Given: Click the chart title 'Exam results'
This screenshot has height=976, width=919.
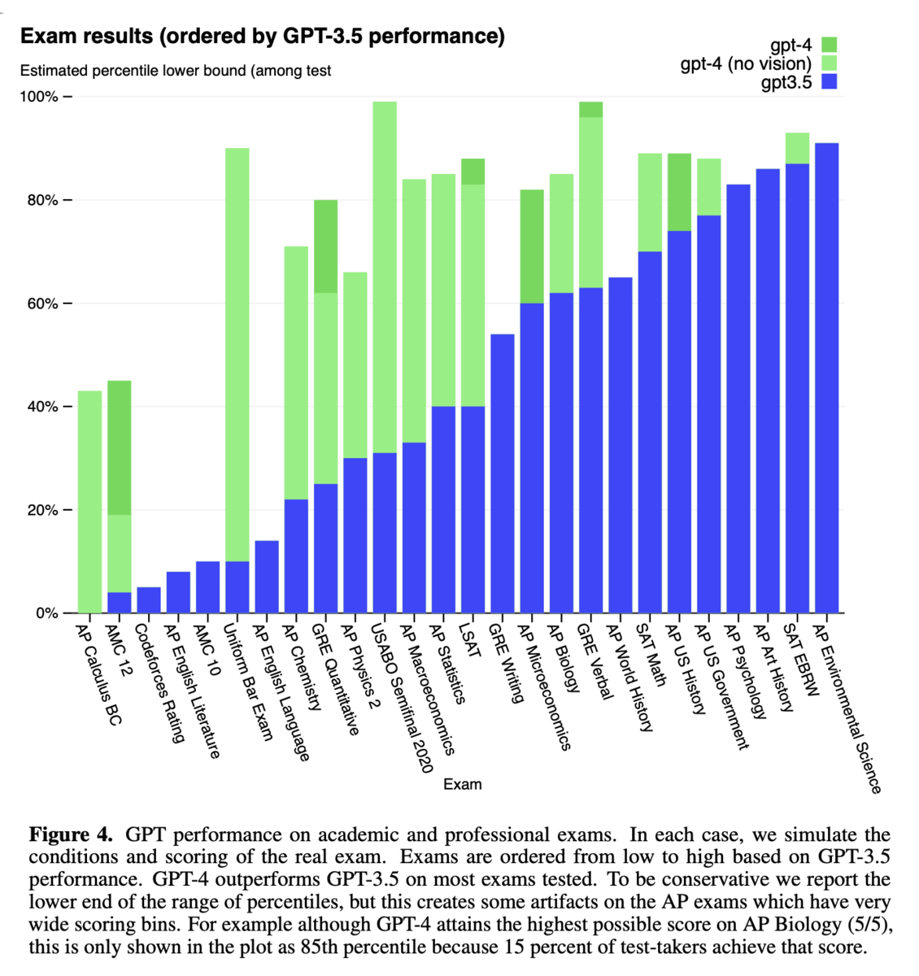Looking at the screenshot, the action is [86, 37].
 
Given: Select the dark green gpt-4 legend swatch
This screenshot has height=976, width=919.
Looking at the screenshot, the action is [829, 45].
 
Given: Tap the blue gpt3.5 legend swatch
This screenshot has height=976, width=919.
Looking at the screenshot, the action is [829, 81].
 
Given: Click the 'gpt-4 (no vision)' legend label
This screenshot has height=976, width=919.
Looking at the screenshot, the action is [746, 63].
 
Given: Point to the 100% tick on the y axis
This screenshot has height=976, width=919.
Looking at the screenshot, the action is [68, 97].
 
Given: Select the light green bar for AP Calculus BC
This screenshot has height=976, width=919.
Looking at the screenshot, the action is [90, 502].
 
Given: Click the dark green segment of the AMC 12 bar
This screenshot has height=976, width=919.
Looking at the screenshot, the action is [120, 447].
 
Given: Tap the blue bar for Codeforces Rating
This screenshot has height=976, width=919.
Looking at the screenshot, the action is [149, 600].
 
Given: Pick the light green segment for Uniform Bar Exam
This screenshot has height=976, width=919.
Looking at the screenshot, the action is [237, 355].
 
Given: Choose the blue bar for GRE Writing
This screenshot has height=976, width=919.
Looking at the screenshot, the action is [503, 473].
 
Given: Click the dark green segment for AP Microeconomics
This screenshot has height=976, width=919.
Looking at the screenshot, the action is [532, 246].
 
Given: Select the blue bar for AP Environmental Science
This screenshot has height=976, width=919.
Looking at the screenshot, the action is [827, 378].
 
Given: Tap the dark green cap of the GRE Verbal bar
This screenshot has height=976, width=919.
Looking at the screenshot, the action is [591, 110].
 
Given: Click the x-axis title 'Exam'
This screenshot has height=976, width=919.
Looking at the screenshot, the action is [463, 784].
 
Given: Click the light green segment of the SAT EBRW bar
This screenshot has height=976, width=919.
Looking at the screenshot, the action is [798, 148].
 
